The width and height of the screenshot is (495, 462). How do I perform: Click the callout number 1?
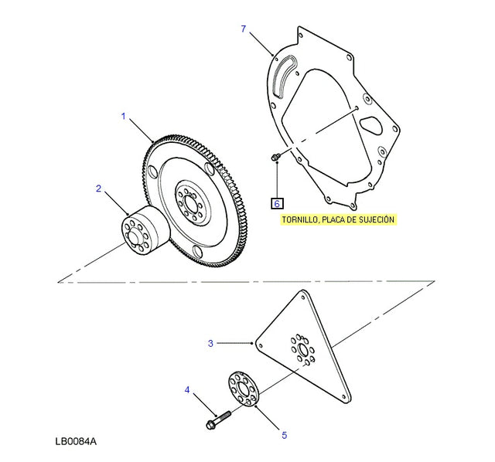pyautogui.click(x=122, y=116)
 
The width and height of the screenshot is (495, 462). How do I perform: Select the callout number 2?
pyautogui.click(x=98, y=188)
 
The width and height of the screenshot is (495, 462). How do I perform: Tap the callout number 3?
pyautogui.click(x=210, y=343)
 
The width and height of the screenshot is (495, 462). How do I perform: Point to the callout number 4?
pyautogui.click(x=186, y=390)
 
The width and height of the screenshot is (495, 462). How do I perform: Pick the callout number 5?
pyautogui.click(x=284, y=436)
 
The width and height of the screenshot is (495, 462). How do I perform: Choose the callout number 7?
pyautogui.click(x=243, y=29)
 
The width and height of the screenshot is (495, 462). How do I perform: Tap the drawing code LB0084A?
pyautogui.click(x=76, y=443)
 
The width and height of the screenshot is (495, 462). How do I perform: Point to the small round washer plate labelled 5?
pyautogui.click(x=244, y=389)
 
